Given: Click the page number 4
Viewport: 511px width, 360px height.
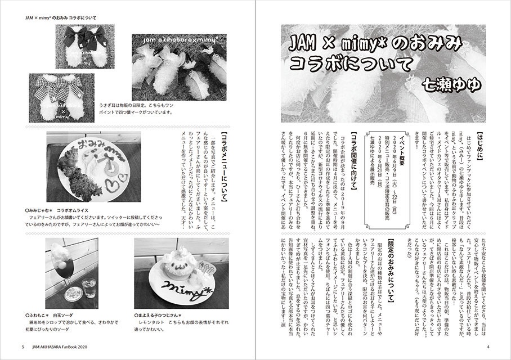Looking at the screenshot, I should (x=488, y=346).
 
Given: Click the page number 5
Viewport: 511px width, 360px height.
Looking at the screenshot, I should (x=23, y=346).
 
